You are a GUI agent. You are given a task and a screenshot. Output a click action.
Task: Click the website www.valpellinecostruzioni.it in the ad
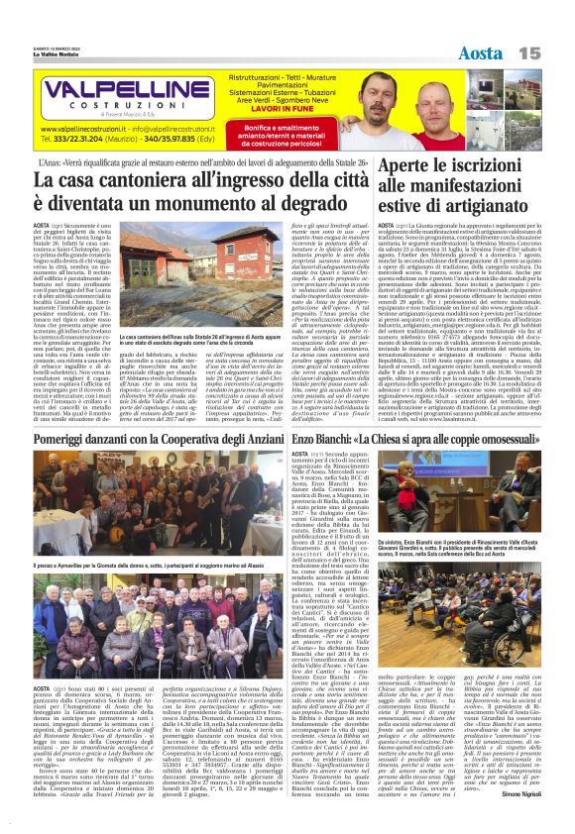(88, 129)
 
